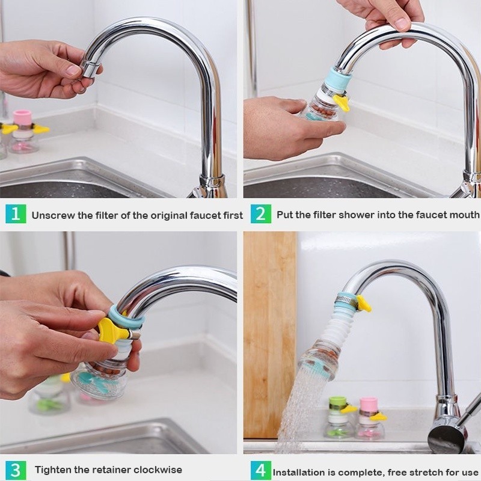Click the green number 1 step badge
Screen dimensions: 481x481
[x=16, y=214]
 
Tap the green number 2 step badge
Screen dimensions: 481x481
[x=261, y=214]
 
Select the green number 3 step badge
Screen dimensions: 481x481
[x=16, y=470]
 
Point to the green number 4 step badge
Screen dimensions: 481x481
[x=261, y=470]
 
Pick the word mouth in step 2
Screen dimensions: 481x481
[x=464, y=215]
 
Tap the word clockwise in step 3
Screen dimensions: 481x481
[x=158, y=470]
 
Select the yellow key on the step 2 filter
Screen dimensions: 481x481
[x=342, y=102]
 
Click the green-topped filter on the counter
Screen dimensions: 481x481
[x=338, y=417]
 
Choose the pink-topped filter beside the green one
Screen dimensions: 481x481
[x=369, y=418]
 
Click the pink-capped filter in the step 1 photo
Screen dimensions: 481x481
[x=23, y=131]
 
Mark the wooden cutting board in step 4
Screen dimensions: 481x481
[x=270, y=334]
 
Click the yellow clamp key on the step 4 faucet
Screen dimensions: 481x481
[x=363, y=304]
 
